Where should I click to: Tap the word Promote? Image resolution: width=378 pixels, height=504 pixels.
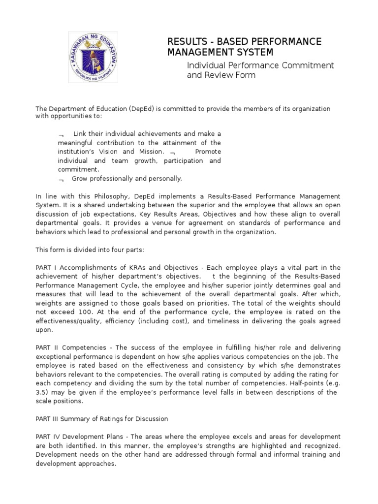208,152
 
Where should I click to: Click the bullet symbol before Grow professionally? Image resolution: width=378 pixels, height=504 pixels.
61,179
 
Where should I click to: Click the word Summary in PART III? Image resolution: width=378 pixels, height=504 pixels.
76,419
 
